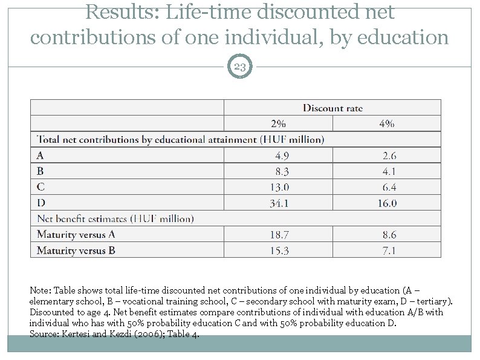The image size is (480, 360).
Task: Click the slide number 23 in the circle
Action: point(239,67)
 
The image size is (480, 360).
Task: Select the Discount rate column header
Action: point(332,108)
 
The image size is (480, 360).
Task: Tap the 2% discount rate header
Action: point(278,123)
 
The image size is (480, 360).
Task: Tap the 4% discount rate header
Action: point(387,123)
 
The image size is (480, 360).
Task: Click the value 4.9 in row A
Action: point(282,155)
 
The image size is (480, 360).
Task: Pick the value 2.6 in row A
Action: point(389,155)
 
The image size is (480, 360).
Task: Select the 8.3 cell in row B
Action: point(282,171)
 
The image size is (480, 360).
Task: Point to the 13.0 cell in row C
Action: point(279,187)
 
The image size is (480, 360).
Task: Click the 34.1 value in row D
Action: point(279,203)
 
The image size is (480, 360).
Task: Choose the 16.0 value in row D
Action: point(388,203)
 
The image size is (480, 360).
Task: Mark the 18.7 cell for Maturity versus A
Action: point(279,235)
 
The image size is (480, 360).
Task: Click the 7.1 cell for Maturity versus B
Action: point(389,250)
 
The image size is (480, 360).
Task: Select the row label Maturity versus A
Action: point(76,234)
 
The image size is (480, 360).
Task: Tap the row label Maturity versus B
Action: point(76,250)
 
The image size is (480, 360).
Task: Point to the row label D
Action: point(41,203)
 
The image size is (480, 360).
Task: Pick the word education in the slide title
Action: point(403,37)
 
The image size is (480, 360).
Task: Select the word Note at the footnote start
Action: point(41,290)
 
